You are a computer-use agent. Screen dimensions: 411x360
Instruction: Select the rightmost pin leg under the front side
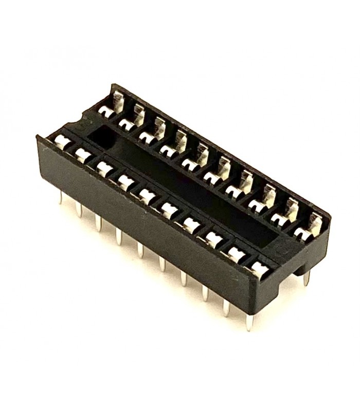[249, 321]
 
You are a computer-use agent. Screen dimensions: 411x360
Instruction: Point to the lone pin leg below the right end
[307, 277]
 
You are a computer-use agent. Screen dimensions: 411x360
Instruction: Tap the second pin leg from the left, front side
[79, 209]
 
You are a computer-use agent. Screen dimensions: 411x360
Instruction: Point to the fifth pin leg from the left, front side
[140, 249]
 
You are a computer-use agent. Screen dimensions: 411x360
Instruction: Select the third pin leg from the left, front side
[98, 222]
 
